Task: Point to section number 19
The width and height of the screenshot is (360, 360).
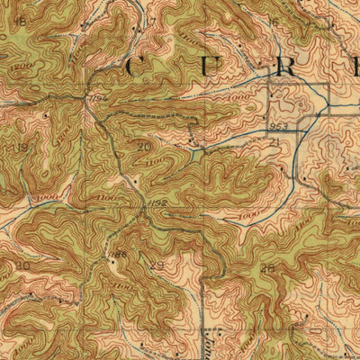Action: click(22, 146)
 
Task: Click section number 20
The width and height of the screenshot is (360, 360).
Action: click(143, 146)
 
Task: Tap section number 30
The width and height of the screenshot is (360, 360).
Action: click(22, 266)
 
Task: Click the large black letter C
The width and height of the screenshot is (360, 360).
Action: click(139, 67)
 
